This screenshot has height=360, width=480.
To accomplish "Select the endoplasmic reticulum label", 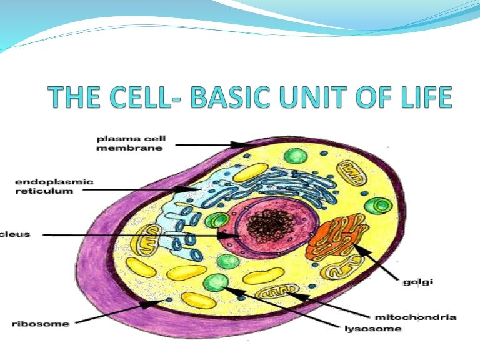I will point(54,186).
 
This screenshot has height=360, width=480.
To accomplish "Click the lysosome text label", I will point(373,328).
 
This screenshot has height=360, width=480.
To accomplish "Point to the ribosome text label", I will point(41,324).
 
